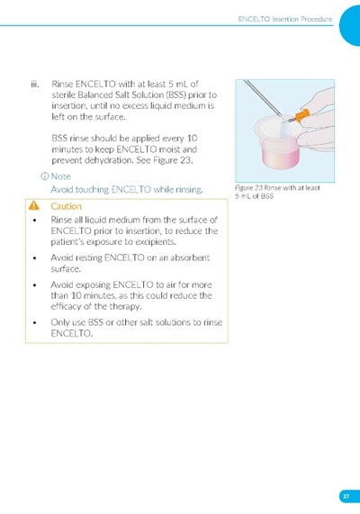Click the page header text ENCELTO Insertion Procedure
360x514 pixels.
point(285,19)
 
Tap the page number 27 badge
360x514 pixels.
point(346,496)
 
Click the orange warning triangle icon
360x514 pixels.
point(34,205)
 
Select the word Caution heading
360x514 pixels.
point(66,206)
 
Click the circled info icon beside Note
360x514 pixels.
point(45,176)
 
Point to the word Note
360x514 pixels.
point(60,176)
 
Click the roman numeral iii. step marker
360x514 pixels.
point(35,85)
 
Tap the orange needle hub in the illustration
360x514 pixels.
point(302,115)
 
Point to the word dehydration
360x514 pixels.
point(106,160)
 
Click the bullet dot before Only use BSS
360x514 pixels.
point(35,322)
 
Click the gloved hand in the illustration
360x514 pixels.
point(314,122)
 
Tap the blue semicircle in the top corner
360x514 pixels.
point(350,25)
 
